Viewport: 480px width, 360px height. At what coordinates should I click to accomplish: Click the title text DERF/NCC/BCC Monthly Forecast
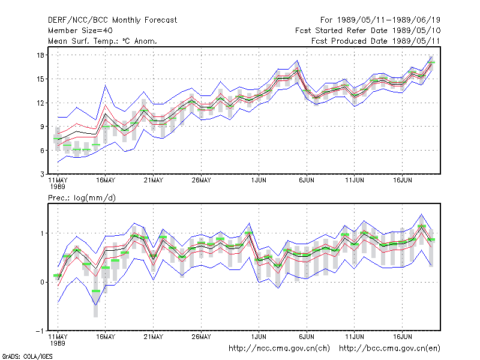(112, 20)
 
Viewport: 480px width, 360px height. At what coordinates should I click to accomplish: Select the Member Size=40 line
(80, 31)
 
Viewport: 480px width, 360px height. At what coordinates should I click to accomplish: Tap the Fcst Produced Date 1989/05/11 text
(376, 41)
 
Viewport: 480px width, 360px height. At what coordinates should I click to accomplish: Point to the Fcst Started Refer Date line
(368, 31)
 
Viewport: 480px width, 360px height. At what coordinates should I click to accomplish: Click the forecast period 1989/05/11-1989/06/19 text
(380, 20)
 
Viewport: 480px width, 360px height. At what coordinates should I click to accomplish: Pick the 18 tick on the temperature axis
(40, 55)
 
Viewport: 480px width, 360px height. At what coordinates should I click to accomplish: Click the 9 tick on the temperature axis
(42, 127)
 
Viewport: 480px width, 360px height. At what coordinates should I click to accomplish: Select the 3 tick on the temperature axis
(42, 174)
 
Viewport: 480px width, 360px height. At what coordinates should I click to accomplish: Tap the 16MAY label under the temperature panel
(106, 181)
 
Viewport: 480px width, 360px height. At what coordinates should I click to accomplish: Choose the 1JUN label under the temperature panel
(259, 181)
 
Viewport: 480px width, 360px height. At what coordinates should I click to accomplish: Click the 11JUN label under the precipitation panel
(355, 337)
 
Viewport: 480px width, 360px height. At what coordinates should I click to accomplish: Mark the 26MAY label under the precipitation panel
(201, 337)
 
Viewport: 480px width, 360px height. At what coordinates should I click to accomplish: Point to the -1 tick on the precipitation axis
(40, 331)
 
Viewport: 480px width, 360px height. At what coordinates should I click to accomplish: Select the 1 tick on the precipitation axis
(42, 233)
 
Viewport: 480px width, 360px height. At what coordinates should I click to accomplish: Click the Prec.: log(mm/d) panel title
(82, 198)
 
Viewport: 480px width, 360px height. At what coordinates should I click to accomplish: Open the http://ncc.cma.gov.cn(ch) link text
(279, 349)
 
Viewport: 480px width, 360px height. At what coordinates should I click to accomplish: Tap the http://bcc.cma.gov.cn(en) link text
(389, 349)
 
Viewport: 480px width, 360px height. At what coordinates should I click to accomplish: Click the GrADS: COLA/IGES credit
(27, 356)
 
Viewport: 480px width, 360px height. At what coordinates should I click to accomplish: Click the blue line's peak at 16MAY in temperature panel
(106, 85)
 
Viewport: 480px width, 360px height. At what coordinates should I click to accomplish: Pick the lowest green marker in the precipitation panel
(96, 291)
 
